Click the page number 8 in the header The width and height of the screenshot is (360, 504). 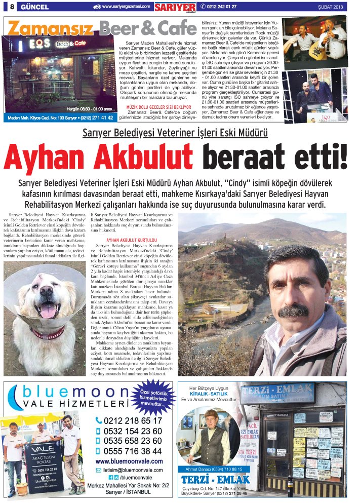tap(11, 7)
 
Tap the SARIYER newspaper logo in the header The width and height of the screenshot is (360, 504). tap(175, 7)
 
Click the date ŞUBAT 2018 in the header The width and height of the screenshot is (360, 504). tap(331, 7)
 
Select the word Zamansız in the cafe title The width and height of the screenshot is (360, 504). tap(51, 28)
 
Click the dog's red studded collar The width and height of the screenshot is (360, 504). tap(48, 333)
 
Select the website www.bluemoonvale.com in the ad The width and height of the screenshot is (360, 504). tap(129, 461)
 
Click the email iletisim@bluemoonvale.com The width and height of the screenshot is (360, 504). tap(133, 470)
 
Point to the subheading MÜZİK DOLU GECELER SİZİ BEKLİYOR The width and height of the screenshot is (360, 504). tap(159, 107)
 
